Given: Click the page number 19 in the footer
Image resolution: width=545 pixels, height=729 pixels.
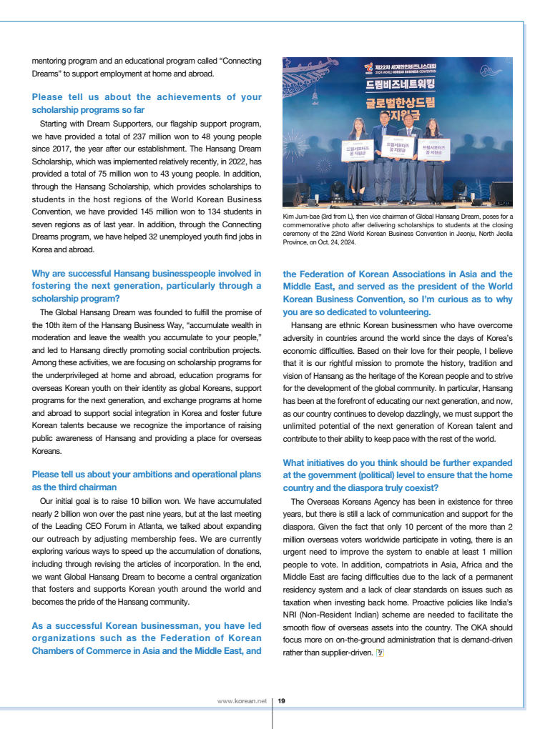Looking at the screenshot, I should [282, 701].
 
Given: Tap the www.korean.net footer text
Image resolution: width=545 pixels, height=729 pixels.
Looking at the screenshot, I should [242, 701].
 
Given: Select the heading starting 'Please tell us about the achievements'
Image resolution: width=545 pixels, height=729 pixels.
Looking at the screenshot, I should [147, 104].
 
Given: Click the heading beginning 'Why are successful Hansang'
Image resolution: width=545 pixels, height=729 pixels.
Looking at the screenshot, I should [147, 286].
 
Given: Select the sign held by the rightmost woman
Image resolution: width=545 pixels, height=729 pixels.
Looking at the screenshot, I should [434, 149].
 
